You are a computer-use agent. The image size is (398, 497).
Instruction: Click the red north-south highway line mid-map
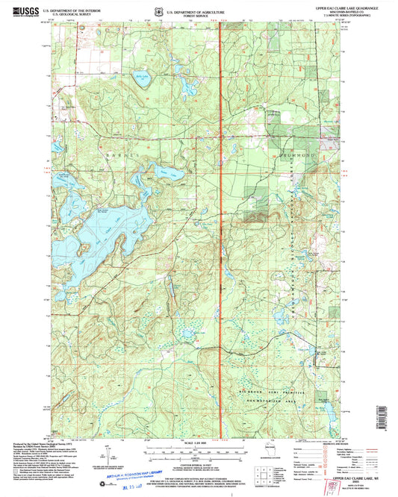tap(221, 224)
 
